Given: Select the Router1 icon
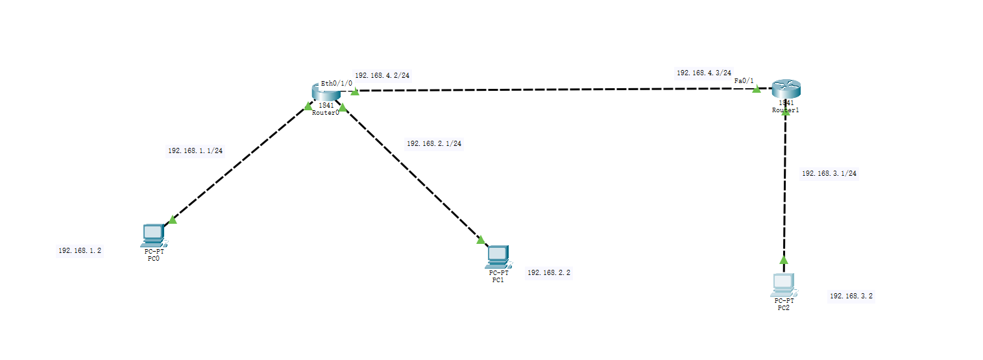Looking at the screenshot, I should [786, 90].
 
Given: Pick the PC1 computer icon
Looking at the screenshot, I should [498, 257].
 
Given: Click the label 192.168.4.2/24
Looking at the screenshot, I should [382, 75].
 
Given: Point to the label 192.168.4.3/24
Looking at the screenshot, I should [704, 73].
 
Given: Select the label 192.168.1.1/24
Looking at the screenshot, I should [195, 150].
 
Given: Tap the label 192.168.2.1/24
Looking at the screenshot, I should [434, 143].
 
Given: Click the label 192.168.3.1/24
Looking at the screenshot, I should [829, 173].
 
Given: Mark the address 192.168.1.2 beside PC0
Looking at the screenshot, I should [80, 250].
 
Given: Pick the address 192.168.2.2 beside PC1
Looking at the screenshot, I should [549, 273].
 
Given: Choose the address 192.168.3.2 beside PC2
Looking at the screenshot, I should [851, 296].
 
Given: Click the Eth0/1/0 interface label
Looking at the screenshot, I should [336, 83].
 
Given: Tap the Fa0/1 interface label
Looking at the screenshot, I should [744, 81].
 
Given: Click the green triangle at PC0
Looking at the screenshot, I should [172, 220].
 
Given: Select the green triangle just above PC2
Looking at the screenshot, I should [783, 259].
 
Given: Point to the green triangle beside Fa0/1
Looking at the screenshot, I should [756, 89].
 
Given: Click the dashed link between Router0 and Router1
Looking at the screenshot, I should [552, 90].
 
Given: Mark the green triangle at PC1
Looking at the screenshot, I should [481, 239].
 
